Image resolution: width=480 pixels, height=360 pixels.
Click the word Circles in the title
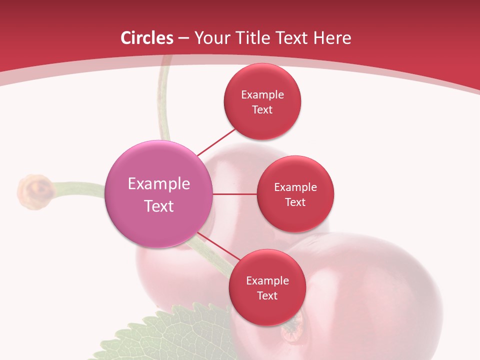tap(147, 38)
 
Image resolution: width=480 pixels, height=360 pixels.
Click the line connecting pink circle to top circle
tap(216, 142)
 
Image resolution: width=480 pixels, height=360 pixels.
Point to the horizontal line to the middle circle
tap(234, 194)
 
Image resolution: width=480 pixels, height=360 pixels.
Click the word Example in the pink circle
tap(159, 183)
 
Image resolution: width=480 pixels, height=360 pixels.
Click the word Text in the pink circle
tap(159, 206)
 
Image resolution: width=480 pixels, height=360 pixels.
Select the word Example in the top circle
tap(262, 94)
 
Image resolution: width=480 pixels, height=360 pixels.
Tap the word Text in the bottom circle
tap(267, 295)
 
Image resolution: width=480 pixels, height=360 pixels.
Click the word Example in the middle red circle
tap(295, 187)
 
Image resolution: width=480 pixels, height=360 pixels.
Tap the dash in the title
tap(183, 38)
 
